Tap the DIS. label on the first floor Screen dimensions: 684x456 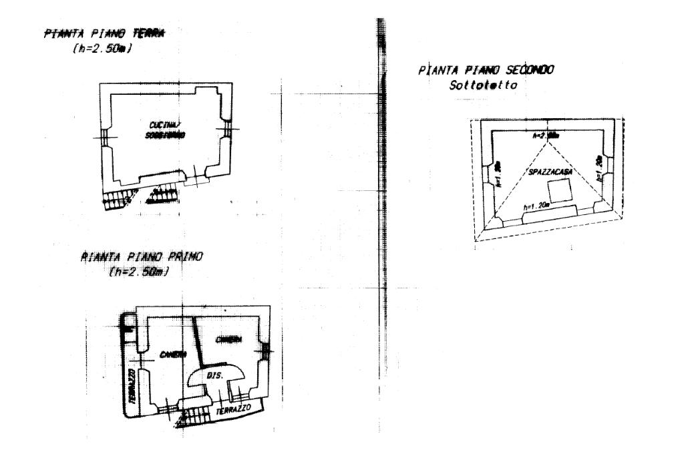coord(214,376)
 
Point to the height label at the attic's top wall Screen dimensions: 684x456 coord(545,135)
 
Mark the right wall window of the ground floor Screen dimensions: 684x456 coord(228,130)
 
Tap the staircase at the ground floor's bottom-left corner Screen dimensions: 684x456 coord(118,198)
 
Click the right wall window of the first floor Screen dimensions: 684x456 coord(266,349)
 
